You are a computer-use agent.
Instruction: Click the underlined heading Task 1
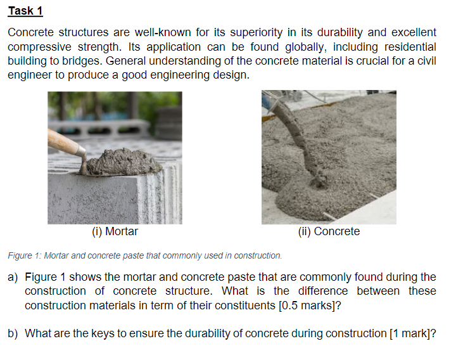click(25, 11)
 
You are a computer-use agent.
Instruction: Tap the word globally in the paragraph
click(298, 47)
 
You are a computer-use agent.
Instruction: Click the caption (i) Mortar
click(115, 231)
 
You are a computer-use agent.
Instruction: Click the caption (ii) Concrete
click(329, 231)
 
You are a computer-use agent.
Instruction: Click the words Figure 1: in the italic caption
click(22, 255)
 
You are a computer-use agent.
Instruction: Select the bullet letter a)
click(12, 277)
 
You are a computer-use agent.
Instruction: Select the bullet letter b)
click(12, 333)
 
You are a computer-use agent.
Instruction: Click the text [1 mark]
click(410, 333)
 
